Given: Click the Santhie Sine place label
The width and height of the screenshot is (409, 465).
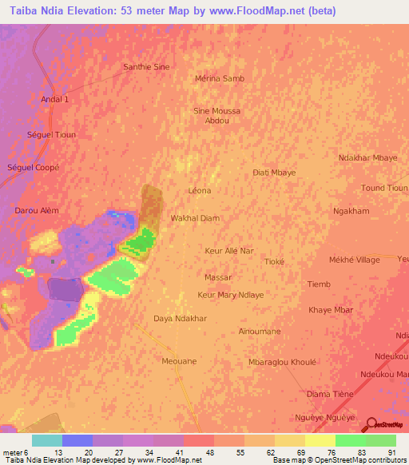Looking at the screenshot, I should (146, 67).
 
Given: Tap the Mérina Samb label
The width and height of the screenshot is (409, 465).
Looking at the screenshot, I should (220, 78).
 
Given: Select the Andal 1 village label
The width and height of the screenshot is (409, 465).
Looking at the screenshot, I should (55, 99).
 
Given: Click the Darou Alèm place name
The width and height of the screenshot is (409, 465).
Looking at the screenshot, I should (37, 210).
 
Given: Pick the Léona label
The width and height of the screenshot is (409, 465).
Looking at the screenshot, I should (199, 191).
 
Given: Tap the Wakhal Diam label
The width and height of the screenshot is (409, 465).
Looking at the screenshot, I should (195, 217).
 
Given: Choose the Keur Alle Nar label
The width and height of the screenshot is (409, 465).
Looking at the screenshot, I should (229, 251).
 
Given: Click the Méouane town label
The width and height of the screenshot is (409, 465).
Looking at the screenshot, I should (179, 361).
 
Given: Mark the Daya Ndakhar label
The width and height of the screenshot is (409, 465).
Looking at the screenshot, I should (181, 318).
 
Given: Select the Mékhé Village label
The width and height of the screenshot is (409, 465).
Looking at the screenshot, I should (355, 260).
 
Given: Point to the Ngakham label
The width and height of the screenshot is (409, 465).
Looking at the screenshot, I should (351, 211).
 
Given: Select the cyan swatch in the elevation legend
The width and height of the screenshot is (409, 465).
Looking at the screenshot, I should (46, 440).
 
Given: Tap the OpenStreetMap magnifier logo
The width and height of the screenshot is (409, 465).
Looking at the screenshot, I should (371, 424).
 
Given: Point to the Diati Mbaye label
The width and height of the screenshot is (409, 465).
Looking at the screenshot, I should (274, 173).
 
